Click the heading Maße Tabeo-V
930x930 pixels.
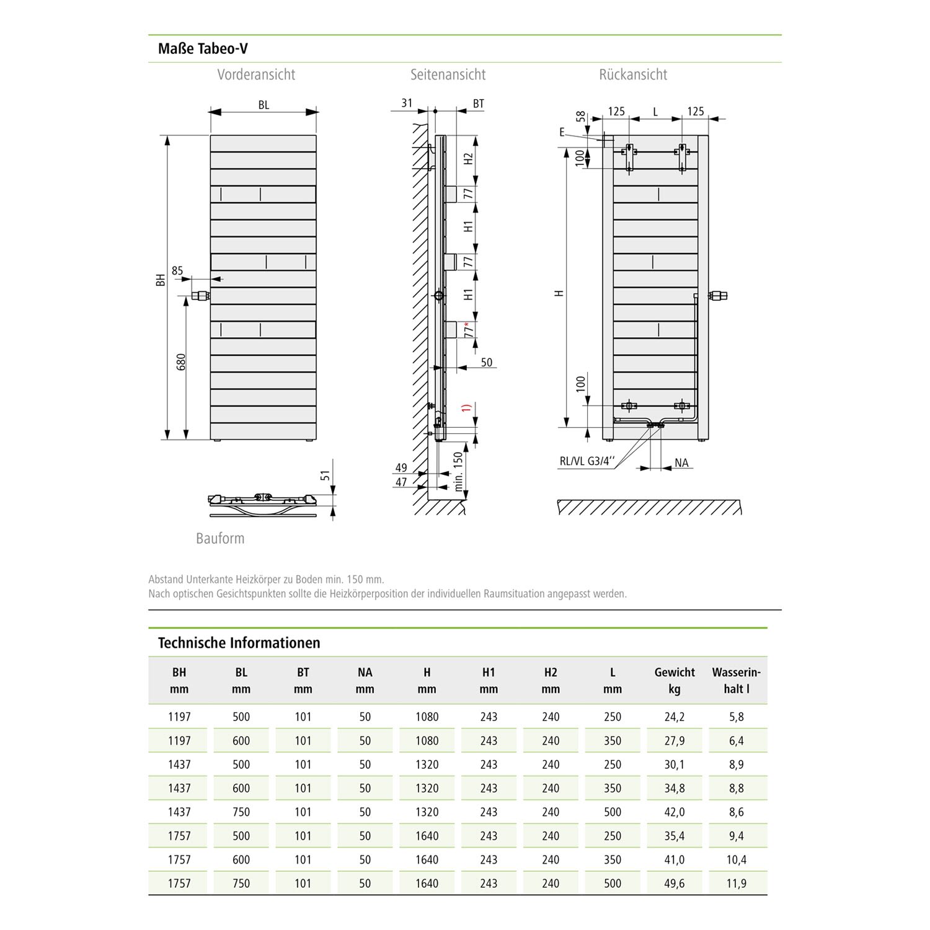tap(203, 48)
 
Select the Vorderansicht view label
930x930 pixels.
tap(256, 75)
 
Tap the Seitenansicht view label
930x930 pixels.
tap(448, 75)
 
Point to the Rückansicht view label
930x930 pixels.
tap(633, 75)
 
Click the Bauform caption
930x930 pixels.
tap(220, 538)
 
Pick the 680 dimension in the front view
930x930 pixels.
tap(181, 363)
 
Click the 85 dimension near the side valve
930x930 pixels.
tap(177, 270)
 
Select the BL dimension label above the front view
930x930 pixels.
tap(263, 105)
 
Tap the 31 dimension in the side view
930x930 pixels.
tap(407, 103)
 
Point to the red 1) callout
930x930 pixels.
tap(467, 408)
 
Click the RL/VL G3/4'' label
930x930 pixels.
tap(587, 461)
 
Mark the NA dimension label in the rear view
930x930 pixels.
tap(681, 463)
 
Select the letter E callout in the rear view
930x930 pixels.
tap(562, 132)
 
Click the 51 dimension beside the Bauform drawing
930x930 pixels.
tap(324, 476)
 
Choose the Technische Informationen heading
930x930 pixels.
tap(239, 642)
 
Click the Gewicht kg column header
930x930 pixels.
tap(675, 680)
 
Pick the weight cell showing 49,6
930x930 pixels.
tap(675, 883)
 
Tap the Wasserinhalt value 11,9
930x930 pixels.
tap(736, 883)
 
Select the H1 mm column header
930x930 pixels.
tap(489, 680)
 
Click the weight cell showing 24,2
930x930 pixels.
tap(675, 717)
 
